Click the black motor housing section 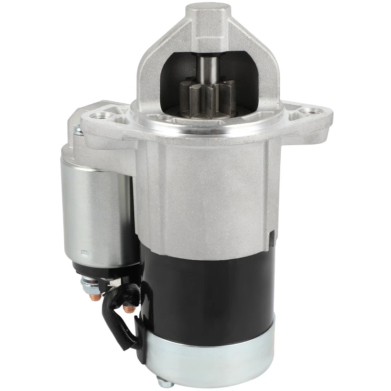[204, 293]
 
